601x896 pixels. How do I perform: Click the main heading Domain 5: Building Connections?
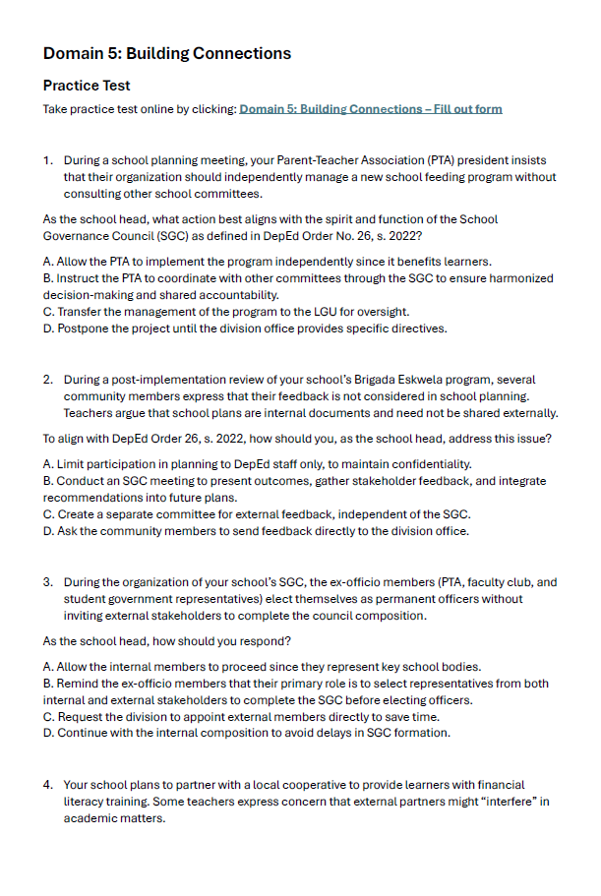point(166,53)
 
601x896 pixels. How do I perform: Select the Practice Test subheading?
point(87,86)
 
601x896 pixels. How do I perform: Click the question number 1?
point(47,160)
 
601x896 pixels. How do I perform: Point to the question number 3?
point(47,582)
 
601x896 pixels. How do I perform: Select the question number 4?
point(47,785)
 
